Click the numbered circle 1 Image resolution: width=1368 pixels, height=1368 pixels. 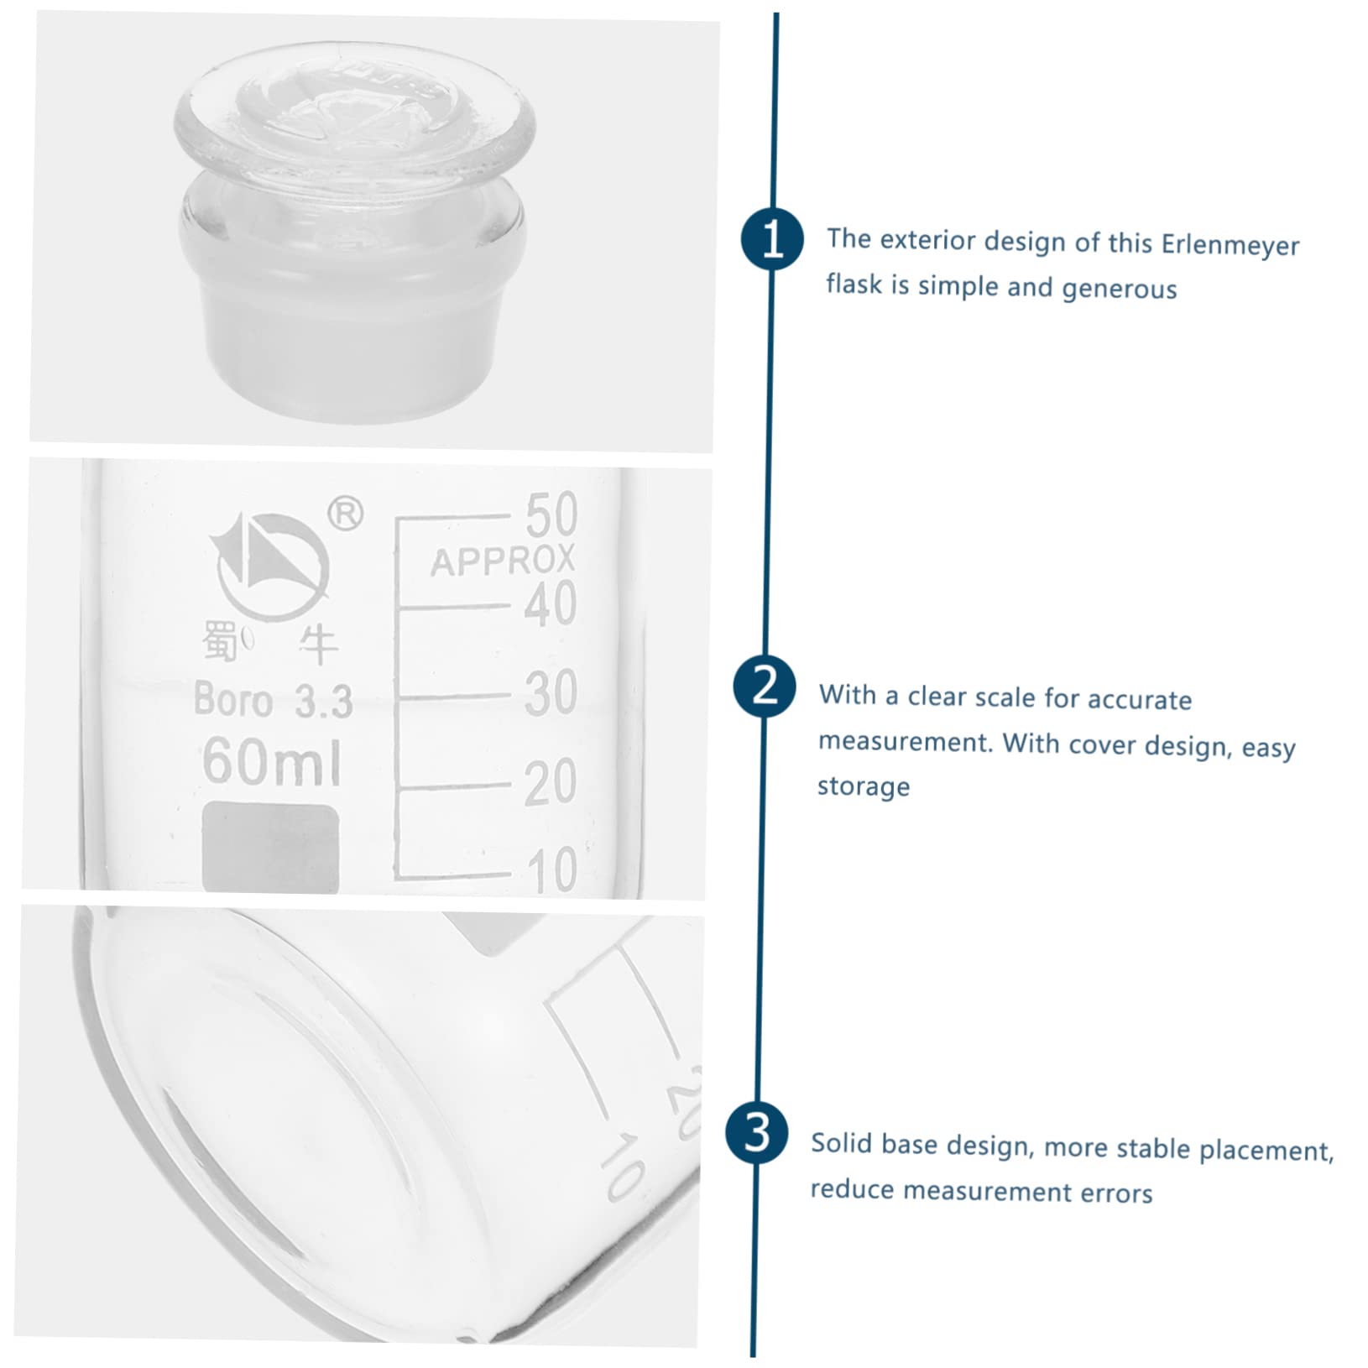pos(772,239)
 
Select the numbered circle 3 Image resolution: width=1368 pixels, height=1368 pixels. pos(757,1133)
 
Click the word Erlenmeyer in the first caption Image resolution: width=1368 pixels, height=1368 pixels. pos(1230,244)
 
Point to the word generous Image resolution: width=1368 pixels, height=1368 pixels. pos(1119,289)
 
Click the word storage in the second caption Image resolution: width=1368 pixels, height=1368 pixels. pos(863,786)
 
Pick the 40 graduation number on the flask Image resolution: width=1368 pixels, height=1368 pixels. pos(551,603)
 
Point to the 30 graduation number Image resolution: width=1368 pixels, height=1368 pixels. pos(551,693)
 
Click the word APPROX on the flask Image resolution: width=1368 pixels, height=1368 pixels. pos(503,561)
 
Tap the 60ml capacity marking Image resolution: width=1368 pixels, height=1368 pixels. pos(272,760)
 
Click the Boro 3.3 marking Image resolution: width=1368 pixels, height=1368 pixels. pos(273,700)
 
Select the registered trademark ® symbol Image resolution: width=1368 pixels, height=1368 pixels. pos(345,513)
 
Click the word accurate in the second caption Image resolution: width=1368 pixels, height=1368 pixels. pos(1139,699)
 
